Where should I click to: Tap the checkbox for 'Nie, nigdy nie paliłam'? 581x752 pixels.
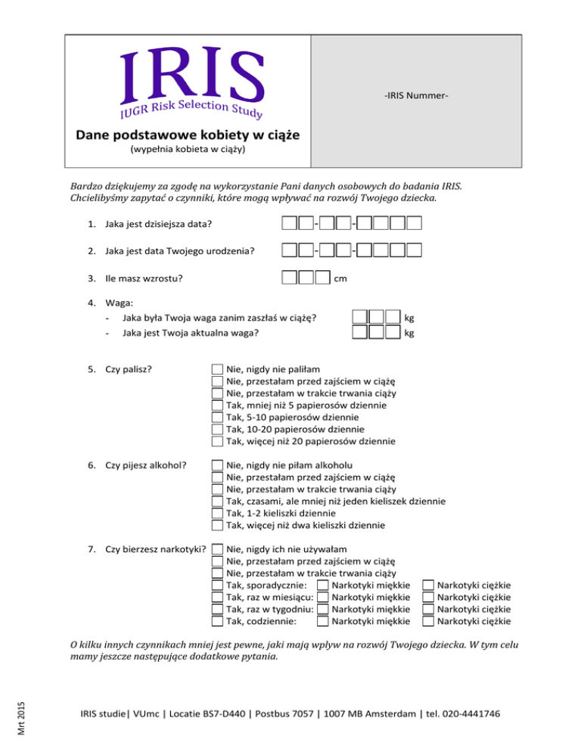[x=217, y=369]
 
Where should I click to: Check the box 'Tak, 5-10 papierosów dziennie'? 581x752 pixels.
[x=217, y=417]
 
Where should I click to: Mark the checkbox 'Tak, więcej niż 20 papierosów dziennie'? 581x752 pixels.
[x=217, y=441]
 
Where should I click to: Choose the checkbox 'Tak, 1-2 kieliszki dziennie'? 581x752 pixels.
[x=217, y=512]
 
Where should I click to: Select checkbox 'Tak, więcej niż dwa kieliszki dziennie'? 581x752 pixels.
[x=217, y=524]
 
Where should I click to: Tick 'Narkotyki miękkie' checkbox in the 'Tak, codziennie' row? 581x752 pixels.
[x=323, y=621]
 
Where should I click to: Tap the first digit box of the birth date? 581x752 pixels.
[x=288, y=250]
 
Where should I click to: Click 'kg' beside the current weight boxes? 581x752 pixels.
[x=410, y=333]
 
